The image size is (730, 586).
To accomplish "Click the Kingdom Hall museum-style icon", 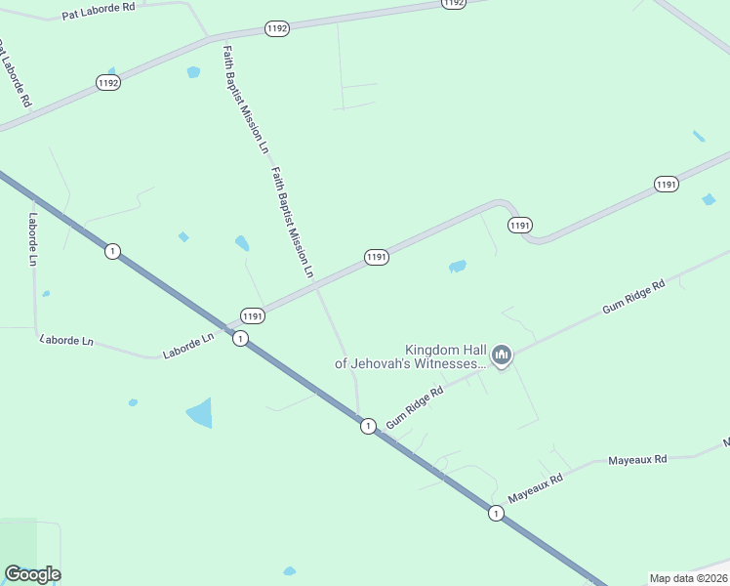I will click(x=503, y=355).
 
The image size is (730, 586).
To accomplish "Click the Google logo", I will click(x=32, y=574).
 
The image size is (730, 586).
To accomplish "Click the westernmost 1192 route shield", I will click(x=108, y=84).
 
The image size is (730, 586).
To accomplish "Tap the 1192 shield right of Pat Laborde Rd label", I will click(x=277, y=29).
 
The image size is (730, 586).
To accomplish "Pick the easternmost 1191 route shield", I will click(x=667, y=185).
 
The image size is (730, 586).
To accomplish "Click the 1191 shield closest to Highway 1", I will click(x=253, y=315).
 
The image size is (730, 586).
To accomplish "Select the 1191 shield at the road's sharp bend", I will click(x=520, y=226).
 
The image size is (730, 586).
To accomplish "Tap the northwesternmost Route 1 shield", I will click(x=113, y=252).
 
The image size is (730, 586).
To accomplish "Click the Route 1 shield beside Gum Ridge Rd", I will click(x=368, y=426).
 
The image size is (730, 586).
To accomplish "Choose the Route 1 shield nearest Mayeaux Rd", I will click(x=497, y=513).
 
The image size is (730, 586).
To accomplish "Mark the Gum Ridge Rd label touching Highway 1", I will click(x=415, y=407).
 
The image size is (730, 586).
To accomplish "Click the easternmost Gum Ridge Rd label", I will click(x=633, y=295).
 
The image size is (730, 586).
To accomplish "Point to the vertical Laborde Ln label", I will click(x=32, y=240).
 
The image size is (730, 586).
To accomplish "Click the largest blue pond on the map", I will click(x=200, y=413).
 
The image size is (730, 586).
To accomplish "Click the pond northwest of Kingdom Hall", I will click(x=457, y=266).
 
